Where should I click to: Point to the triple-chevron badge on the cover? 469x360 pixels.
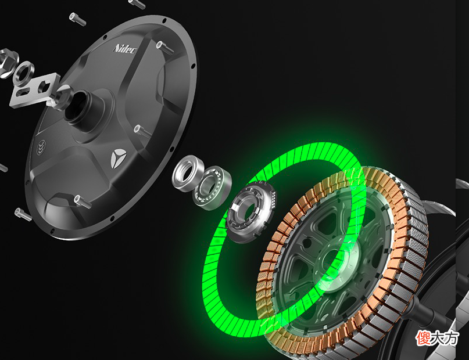42,147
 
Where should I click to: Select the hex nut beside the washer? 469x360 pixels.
8,63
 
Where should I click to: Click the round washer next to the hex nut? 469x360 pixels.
24,73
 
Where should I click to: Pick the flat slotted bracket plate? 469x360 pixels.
34,90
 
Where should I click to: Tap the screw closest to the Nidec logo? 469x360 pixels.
165,48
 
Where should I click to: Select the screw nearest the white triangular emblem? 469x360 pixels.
142,131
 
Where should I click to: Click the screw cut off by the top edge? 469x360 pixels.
137,3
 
